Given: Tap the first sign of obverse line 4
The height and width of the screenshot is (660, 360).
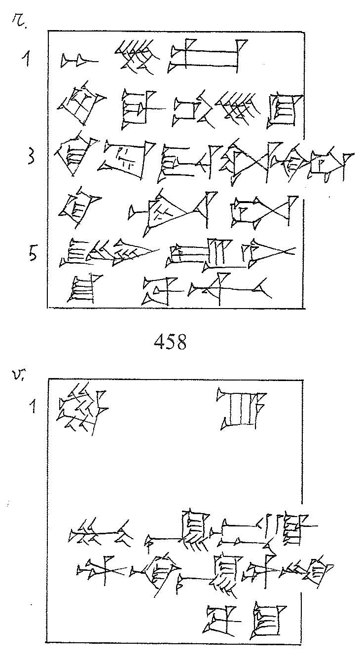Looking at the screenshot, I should [77, 207].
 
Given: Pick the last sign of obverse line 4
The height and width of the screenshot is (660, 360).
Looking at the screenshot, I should [266, 211].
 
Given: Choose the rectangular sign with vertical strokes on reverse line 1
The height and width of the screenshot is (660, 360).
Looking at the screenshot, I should [242, 409].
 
